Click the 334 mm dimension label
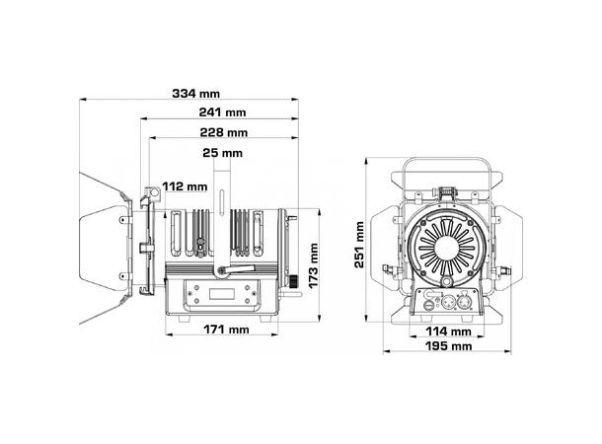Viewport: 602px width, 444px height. (x=195, y=93)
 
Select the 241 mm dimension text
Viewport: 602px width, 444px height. (x=221, y=112)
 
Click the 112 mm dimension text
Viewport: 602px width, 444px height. (x=184, y=185)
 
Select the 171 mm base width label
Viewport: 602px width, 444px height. (x=224, y=329)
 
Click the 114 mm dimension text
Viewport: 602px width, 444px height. (x=447, y=332)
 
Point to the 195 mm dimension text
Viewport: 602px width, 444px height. (x=447, y=346)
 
